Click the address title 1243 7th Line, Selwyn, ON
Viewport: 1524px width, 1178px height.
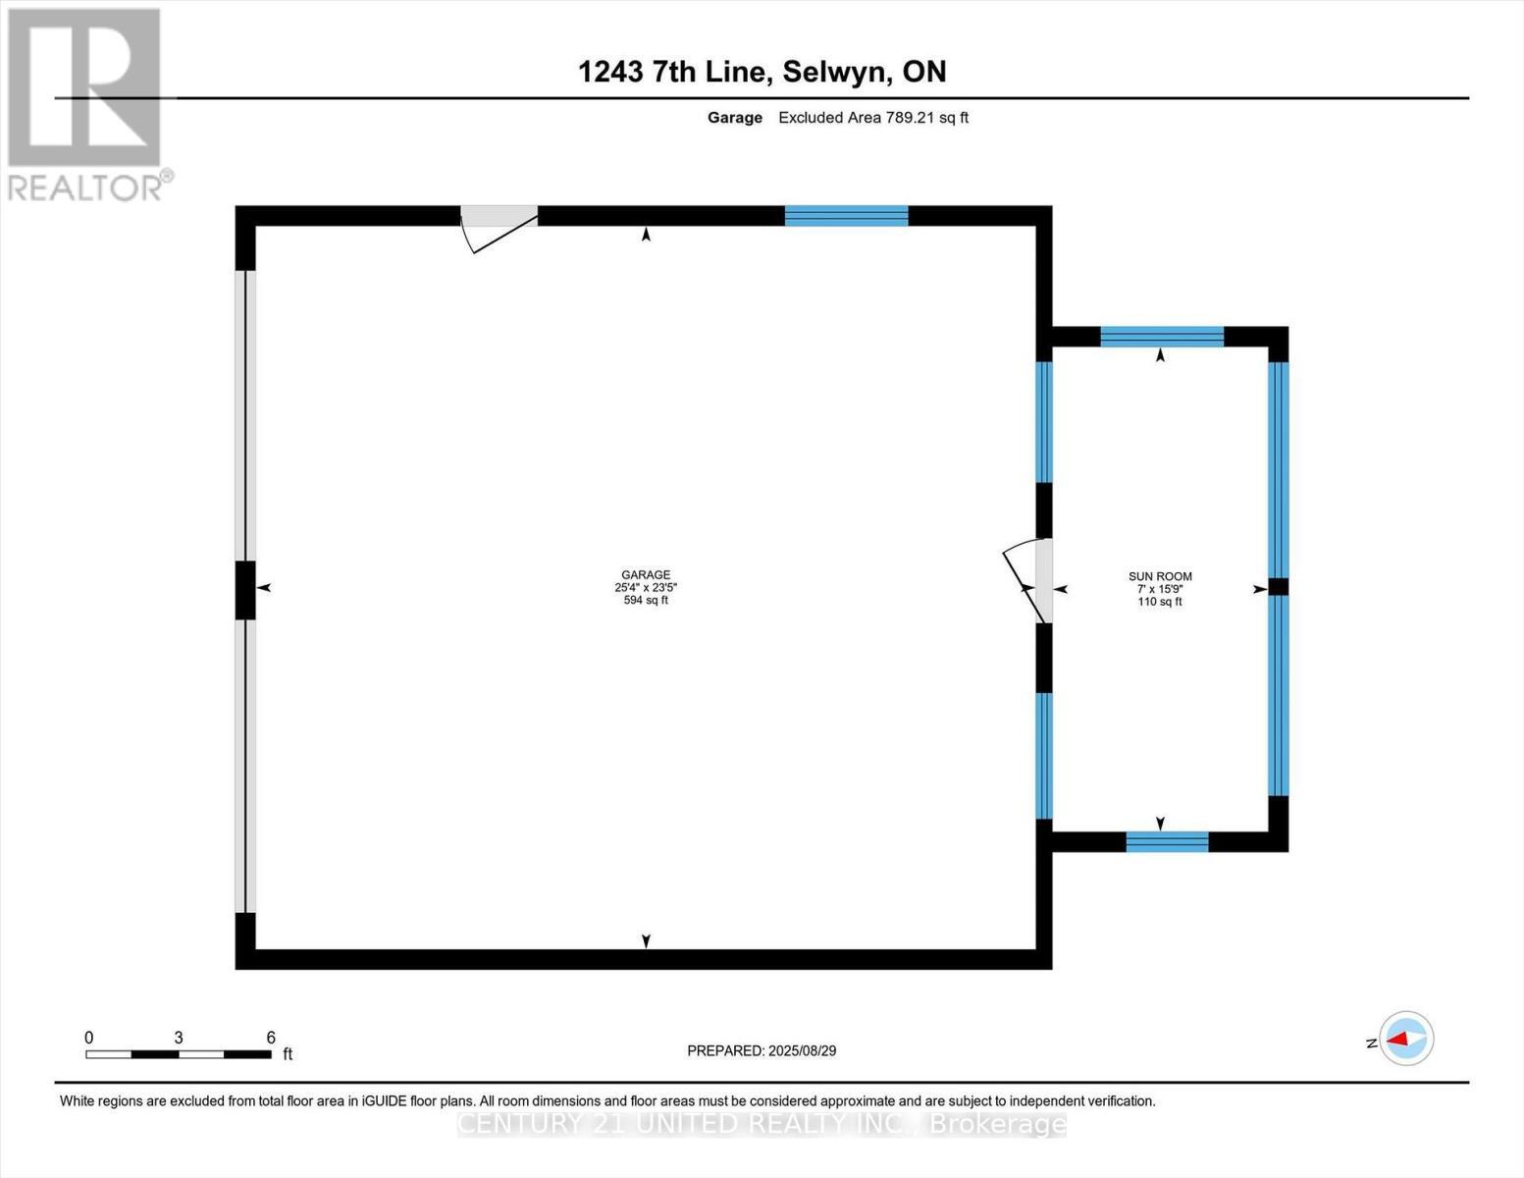point(762,72)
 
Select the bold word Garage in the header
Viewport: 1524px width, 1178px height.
point(734,118)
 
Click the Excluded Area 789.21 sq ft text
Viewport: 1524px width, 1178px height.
point(872,118)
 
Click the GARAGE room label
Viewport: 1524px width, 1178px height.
point(645,575)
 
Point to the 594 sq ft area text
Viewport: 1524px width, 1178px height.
point(645,600)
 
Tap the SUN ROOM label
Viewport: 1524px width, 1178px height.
point(1160,577)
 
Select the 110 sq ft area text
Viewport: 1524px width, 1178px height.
point(1160,602)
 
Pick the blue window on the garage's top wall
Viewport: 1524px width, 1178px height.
point(846,216)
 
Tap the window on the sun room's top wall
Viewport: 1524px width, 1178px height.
point(1162,337)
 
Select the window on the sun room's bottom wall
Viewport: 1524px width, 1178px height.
point(1167,841)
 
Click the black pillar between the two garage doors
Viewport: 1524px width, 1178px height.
point(245,590)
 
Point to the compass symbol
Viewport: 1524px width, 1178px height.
point(1406,1039)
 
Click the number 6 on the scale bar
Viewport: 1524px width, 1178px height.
point(271,1038)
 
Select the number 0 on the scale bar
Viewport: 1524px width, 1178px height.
point(89,1038)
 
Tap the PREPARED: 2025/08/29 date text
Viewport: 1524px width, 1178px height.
point(762,1050)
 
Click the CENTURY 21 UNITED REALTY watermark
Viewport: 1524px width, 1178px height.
point(762,1124)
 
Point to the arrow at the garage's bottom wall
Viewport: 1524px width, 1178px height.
point(646,940)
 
